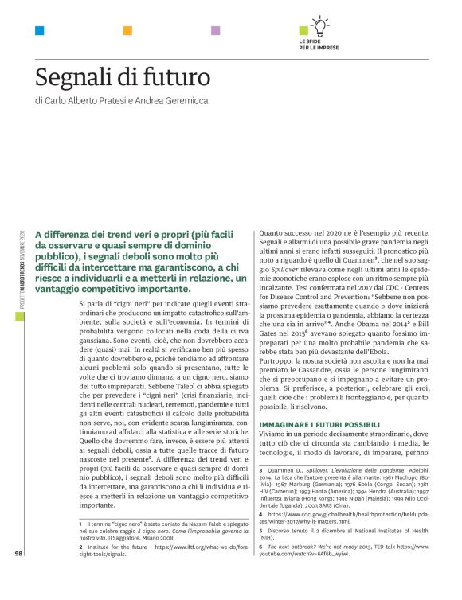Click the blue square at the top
point(39,31)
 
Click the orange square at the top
point(127,31)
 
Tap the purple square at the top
point(215,31)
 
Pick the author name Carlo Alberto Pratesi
point(87,101)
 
